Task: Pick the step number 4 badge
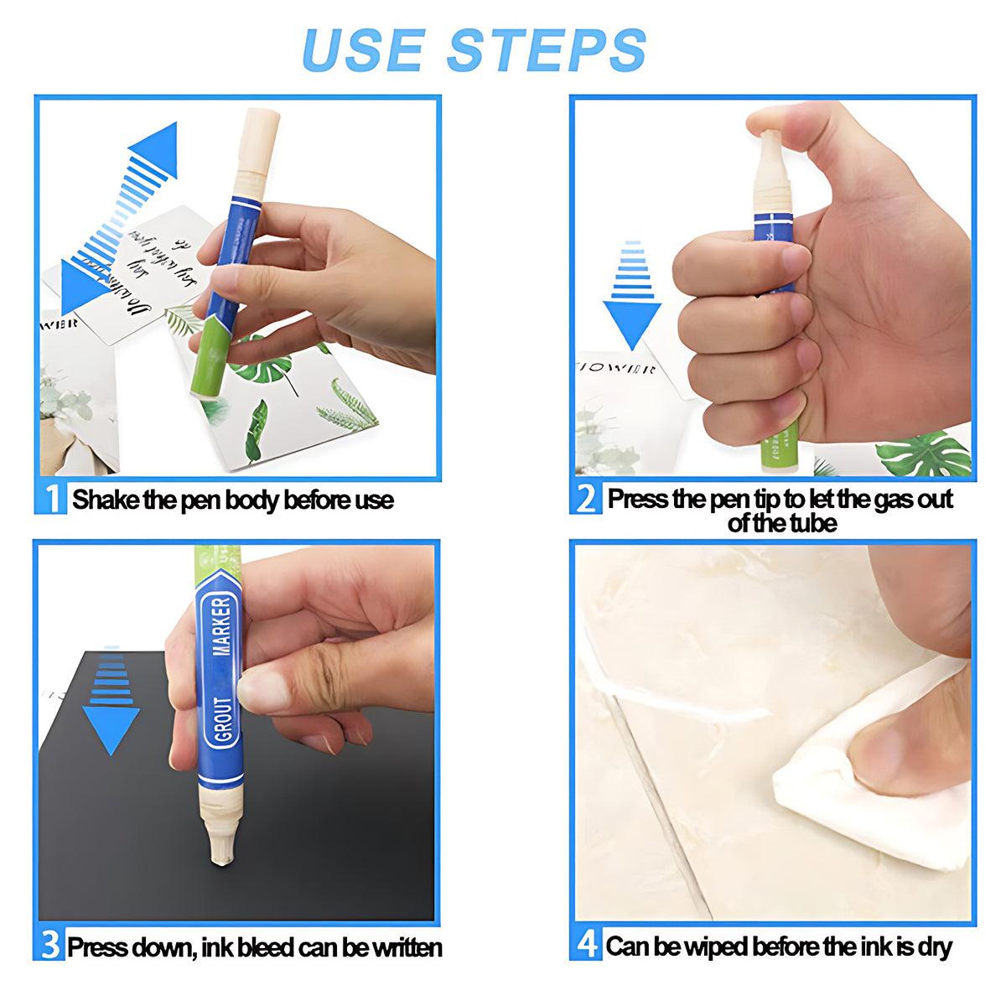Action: [x=587, y=946]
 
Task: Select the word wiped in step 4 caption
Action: [x=713, y=947]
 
